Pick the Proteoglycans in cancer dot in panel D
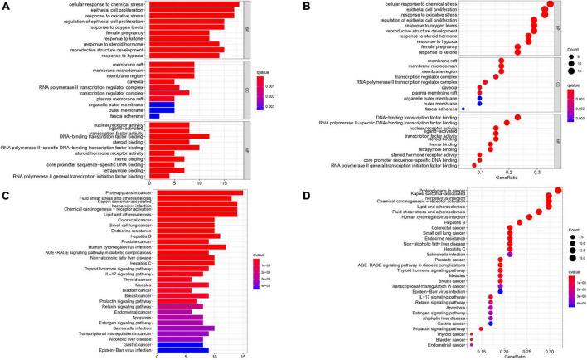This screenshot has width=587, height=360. pyautogui.click(x=558, y=192)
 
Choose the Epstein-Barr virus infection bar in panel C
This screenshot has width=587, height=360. pyautogui.click(x=180, y=349)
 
